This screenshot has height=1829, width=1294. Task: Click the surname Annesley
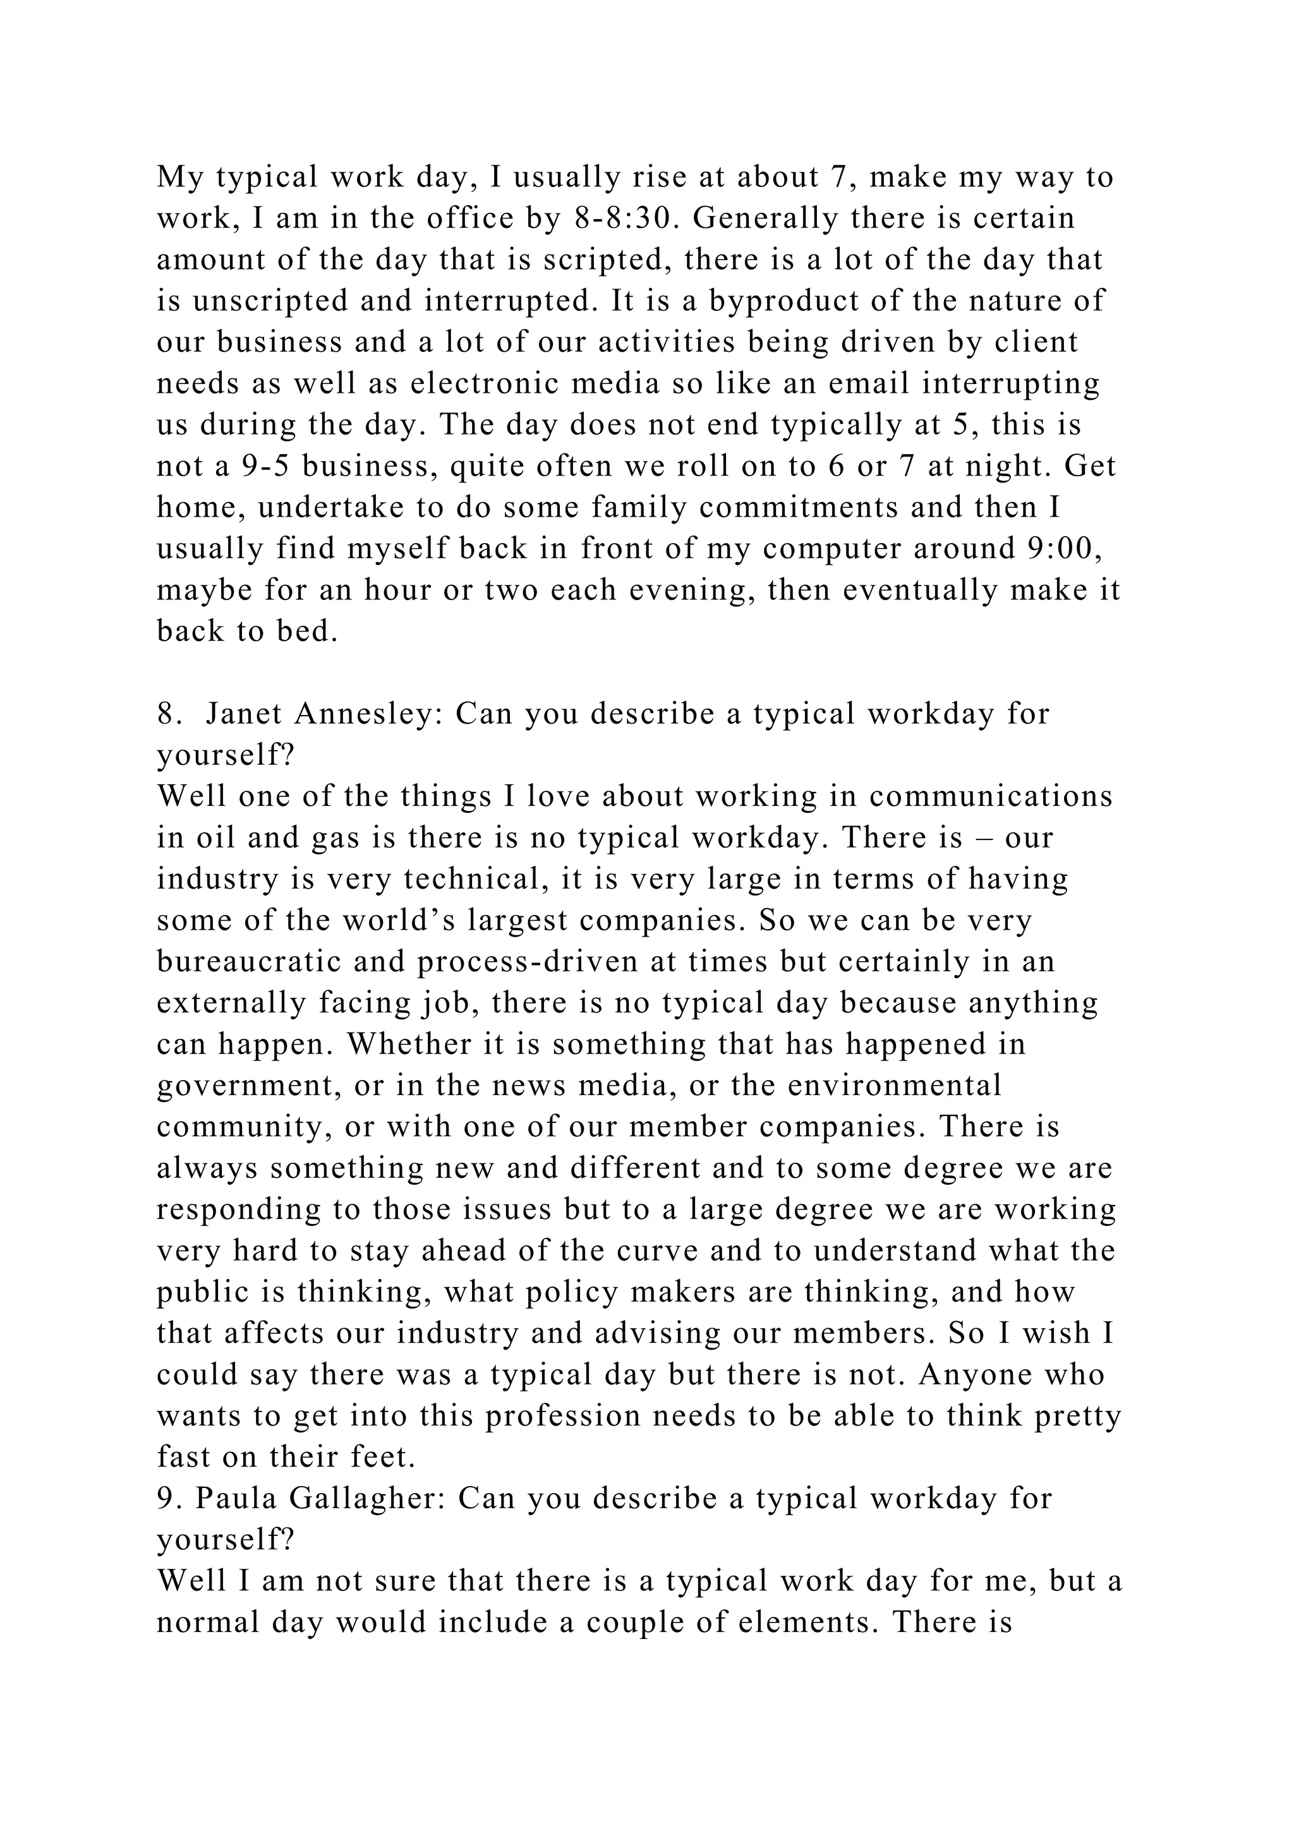tap(368, 714)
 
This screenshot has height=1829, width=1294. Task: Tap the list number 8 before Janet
tap(165, 714)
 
